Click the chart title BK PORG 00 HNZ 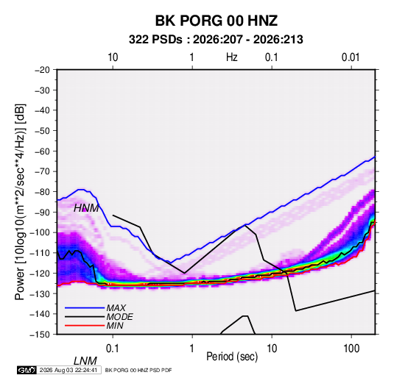(x=217, y=21)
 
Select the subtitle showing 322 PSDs (x=216, y=40)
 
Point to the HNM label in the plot (x=86, y=208)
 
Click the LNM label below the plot (x=85, y=361)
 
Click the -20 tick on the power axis (x=42, y=70)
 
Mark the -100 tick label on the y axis (x=40, y=232)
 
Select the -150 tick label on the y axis (x=40, y=335)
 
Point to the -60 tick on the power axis (x=42, y=151)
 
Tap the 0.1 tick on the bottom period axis (x=113, y=349)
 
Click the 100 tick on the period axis (x=351, y=349)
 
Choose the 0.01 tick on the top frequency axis (x=351, y=57)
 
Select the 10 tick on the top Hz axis (x=113, y=57)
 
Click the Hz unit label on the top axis (x=232, y=57)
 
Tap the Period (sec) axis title (x=232, y=357)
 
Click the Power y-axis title (x=20, y=201)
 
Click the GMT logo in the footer (x=27, y=370)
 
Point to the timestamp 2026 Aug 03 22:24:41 (x=68, y=370)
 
